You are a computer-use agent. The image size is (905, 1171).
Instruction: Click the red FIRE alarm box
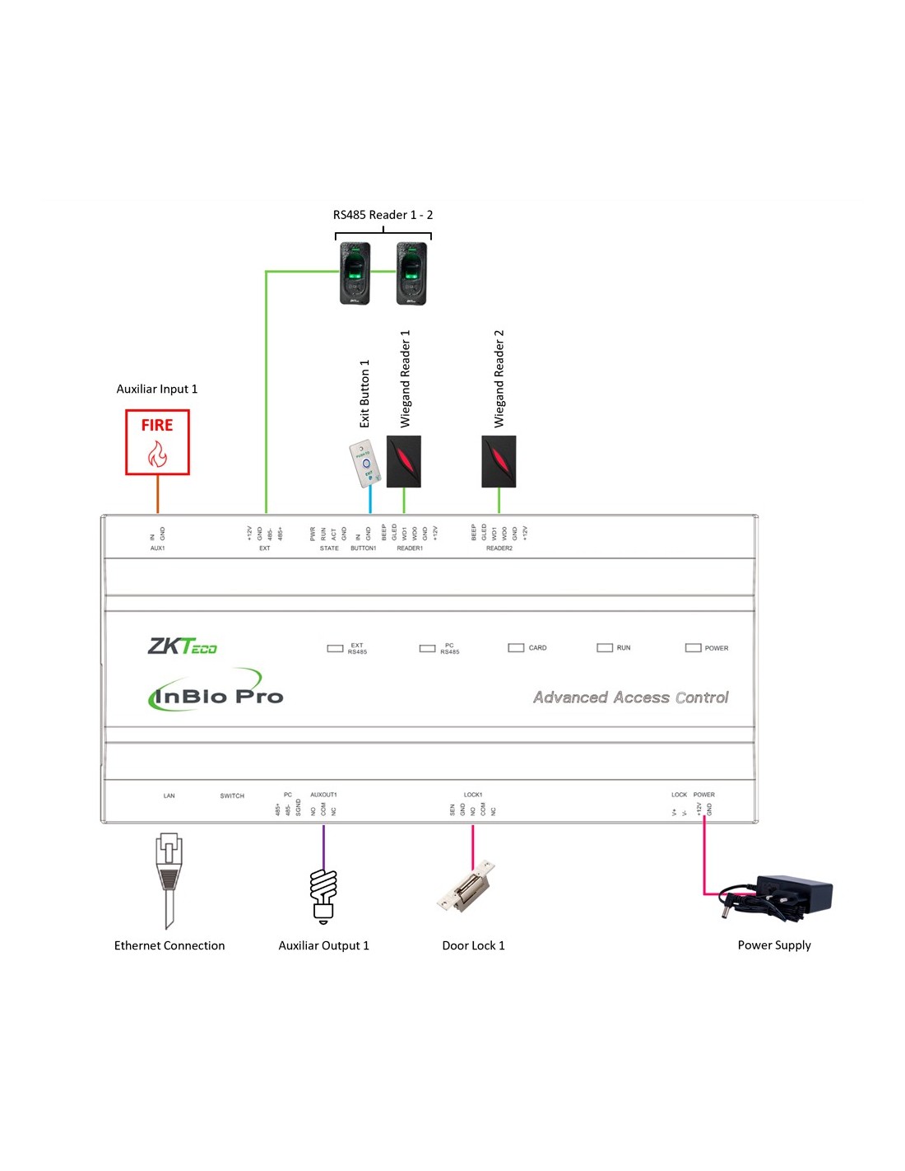(157, 442)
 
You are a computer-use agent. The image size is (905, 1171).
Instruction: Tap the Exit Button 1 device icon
(364, 464)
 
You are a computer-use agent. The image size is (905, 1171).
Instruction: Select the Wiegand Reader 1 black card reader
(404, 461)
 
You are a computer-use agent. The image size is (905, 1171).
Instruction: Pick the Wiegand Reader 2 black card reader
(499, 461)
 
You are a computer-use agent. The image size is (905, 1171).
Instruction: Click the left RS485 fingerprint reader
(355, 273)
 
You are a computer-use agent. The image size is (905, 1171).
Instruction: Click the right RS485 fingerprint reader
(411, 273)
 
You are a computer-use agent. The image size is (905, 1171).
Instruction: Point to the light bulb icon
(323, 895)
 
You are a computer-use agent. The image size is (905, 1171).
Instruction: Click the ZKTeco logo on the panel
(183, 646)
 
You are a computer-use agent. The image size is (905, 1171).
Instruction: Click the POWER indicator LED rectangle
(694, 648)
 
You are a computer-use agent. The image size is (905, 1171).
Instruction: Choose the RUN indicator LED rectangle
(605, 648)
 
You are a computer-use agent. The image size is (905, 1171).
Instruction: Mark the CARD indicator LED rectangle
(516, 648)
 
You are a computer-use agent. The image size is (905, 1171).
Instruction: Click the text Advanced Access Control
(631, 697)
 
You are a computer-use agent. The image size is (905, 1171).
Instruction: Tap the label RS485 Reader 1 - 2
(383, 215)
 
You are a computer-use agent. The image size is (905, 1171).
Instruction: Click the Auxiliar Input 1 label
(157, 389)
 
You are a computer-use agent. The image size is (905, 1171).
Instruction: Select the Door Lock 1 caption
(473, 945)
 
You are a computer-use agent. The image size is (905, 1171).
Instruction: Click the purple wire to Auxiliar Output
(323, 847)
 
